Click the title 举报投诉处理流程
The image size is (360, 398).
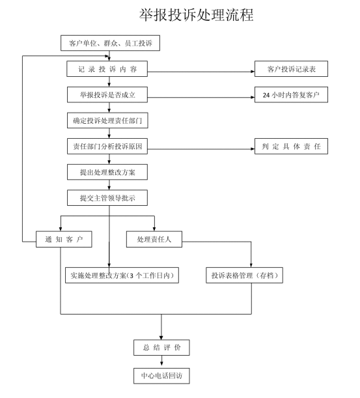coord(196,15)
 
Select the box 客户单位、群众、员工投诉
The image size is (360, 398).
coord(110,43)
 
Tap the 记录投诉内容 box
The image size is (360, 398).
coord(107,69)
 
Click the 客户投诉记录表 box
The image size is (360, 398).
coord(291,69)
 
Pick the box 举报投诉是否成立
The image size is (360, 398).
coord(107,95)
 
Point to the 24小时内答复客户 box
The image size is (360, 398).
coord(291,94)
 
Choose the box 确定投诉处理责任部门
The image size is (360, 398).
coord(107,121)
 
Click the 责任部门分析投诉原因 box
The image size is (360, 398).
coord(107,146)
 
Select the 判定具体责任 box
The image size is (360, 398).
coord(291,146)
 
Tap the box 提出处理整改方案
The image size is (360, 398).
coord(107,172)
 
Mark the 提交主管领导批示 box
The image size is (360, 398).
coord(107,198)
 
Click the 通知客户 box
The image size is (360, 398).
coord(64,239)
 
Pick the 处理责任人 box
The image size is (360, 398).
coord(154,239)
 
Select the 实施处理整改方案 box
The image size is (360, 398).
coord(122,275)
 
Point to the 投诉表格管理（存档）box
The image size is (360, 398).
coord(244,275)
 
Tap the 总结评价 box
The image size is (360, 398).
coord(161,347)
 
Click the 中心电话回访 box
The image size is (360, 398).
coord(161,376)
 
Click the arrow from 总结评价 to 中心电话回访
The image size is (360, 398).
coord(161,360)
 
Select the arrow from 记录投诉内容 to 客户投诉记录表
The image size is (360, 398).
coord(201,72)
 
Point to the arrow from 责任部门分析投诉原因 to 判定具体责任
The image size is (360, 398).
coord(201,149)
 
